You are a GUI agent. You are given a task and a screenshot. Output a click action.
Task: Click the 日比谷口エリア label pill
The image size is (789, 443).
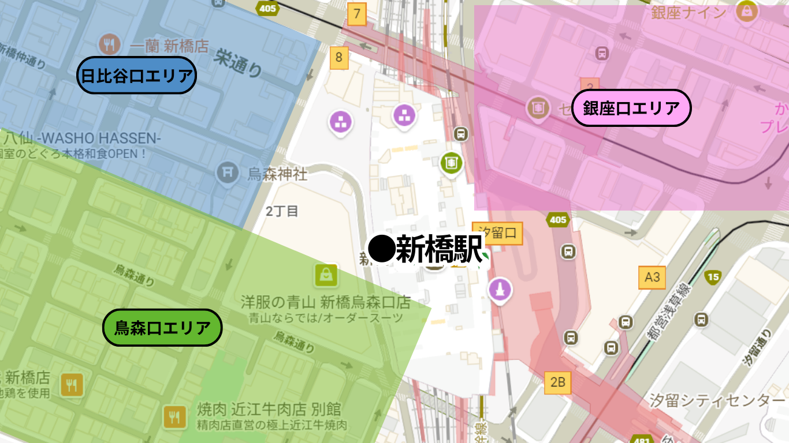tap(137, 75)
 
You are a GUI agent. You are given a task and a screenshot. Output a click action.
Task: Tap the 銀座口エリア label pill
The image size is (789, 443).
tap(631, 108)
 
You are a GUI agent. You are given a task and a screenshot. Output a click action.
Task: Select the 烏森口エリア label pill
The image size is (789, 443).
tap(162, 328)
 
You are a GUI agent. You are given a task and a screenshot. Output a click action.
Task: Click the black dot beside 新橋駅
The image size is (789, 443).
tap(381, 249)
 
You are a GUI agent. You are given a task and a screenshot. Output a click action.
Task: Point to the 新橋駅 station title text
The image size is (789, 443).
tap(439, 250)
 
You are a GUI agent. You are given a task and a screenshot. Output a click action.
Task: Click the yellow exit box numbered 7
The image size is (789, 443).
tap(357, 13)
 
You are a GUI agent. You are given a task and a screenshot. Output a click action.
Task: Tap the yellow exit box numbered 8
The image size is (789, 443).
tap(339, 58)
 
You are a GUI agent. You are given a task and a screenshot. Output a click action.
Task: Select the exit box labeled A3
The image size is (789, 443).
tap(652, 277)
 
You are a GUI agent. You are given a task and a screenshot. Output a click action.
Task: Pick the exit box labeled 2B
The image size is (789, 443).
tap(557, 382)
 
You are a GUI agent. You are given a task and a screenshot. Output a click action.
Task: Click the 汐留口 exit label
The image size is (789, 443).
tap(497, 233)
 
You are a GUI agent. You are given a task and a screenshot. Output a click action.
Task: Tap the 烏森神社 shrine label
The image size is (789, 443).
tap(278, 174)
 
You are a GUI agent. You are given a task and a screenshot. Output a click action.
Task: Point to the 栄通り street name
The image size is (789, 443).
tap(237, 62)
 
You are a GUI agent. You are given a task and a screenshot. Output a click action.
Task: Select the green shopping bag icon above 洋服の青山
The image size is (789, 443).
tap(326, 275)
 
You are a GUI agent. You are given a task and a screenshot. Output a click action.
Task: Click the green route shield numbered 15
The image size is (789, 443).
tap(713, 277)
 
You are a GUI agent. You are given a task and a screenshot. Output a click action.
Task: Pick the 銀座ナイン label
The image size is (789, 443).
tap(688, 12)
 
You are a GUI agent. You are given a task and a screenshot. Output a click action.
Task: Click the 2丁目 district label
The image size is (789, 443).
tap(282, 211)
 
